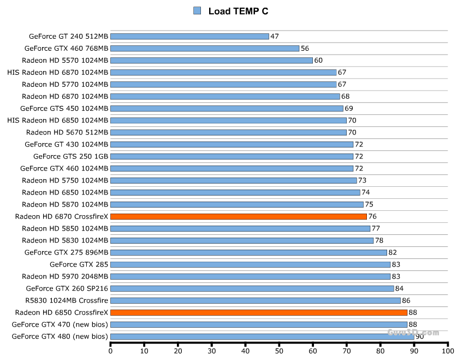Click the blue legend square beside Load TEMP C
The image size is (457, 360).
click(197, 10)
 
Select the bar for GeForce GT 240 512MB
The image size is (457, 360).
click(189, 37)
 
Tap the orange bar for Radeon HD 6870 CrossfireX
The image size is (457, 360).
click(239, 216)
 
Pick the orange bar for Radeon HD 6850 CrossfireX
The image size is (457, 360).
click(259, 312)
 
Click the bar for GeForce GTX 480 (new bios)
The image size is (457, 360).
click(262, 337)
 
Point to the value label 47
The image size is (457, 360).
click(275, 37)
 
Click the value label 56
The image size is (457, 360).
click(305, 49)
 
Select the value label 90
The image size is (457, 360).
click(419, 337)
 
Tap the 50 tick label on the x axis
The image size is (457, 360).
click(280, 352)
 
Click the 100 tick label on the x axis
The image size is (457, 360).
click(448, 352)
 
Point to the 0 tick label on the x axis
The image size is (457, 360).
click(111, 352)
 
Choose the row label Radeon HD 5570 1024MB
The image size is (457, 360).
click(65, 61)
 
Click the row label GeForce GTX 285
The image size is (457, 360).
click(79, 264)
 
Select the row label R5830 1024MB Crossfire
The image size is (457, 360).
click(67, 300)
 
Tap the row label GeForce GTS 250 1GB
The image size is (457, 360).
click(71, 156)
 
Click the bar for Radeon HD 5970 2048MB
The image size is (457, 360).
click(250, 276)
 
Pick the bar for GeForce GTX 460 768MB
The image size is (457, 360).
click(205, 49)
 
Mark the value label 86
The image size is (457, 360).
click(406, 300)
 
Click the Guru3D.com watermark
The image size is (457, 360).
click(413, 332)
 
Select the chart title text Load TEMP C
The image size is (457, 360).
click(238, 11)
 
